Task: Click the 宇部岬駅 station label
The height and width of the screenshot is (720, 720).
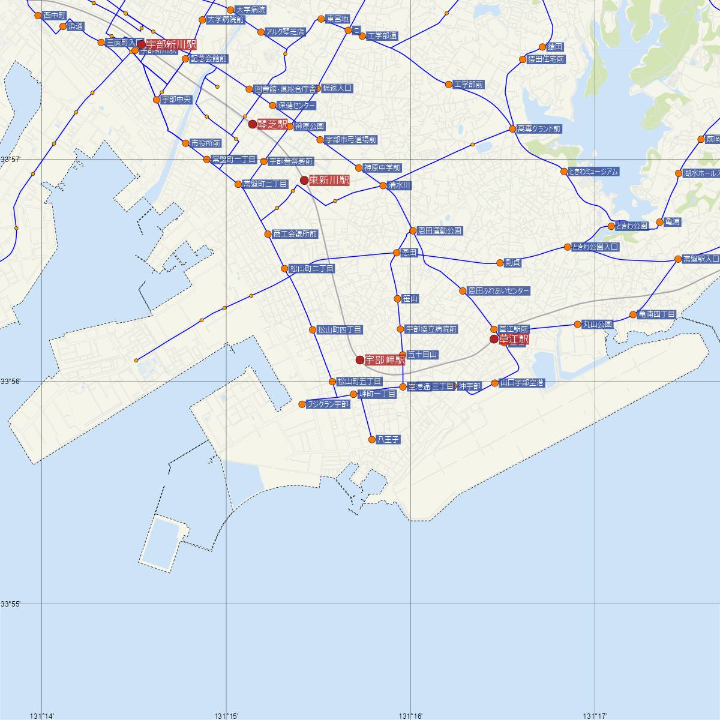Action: pyautogui.click(x=385, y=360)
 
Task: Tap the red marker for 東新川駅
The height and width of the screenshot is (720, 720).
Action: pyautogui.click(x=304, y=181)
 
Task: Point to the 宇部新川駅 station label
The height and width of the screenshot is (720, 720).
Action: pyautogui.click(x=171, y=45)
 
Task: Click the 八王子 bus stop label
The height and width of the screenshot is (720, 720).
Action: pyautogui.click(x=388, y=440)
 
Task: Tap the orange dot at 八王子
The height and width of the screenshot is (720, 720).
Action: pyautogui.click(x=373, y=440)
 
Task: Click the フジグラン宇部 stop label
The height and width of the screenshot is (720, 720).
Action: pyautogui.click(x=327, y=404)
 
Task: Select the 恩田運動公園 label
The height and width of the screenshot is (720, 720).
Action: pyautogui.click(x=440, y=231)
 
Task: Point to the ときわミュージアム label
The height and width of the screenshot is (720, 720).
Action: pyautogui.click(x=593, y=172)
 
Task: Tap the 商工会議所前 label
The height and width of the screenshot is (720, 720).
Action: pyautogui.click(x=295, y=234)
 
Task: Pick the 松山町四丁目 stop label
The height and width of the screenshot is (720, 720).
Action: pyautogui.click(x=340, y=329)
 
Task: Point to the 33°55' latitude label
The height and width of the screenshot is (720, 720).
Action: pyautogui.click(x=11, y=604)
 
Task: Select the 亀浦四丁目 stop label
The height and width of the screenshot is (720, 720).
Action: pyautogui.click(x=657, y=314)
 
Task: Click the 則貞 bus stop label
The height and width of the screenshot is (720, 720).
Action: pyautogui.click(x=513, y=263)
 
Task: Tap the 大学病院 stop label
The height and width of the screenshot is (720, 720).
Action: pyautogui.click(x=250, y=10)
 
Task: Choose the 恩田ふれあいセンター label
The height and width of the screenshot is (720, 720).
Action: pyautogui.click(x=499, y=291)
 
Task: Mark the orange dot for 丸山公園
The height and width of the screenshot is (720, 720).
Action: pyautogui.click(x=578, y=325)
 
